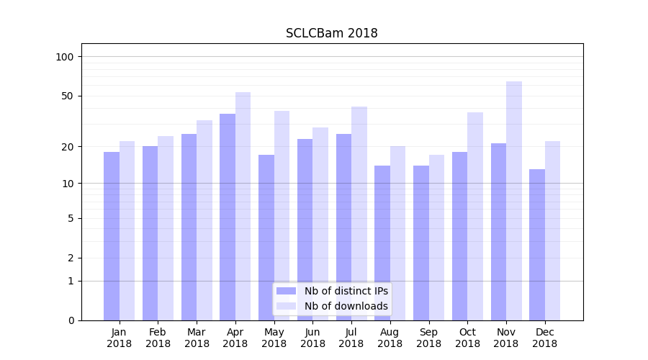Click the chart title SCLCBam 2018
tap(331, 33)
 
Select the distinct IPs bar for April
tap(228, 216)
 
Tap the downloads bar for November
tap(514, 202)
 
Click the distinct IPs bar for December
tap(537, 245)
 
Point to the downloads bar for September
tap(436, 238)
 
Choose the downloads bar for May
tap(282, 216)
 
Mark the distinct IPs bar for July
tap(343, 227)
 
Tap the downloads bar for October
tap(475, 216)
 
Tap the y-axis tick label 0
tap(71, 320)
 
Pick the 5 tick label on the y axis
tap(71, 218)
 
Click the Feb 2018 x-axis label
tap(158, 338)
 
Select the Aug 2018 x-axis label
tap(390, 338)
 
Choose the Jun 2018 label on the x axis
tap(312, 338)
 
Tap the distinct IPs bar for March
tap(189, 227)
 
